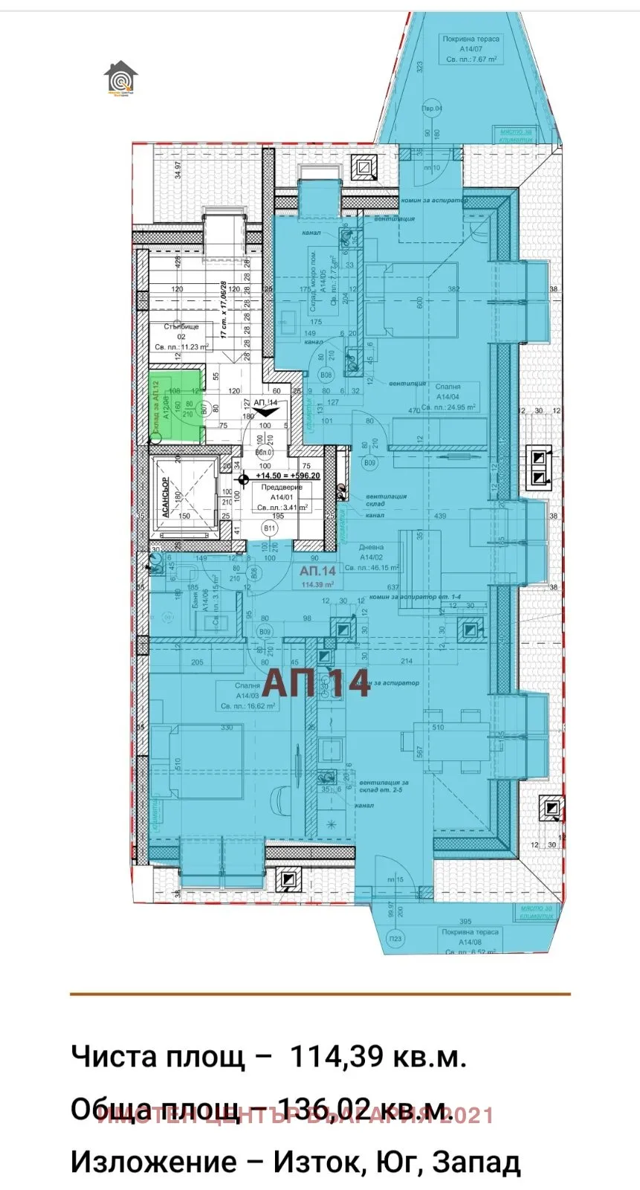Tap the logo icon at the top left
coord(120,77)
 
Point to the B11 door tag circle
coord(270,529)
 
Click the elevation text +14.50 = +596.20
coord(288,476)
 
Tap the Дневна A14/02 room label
coord(370,561)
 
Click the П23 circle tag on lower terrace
coord(395,939)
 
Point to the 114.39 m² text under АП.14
coord(318,584)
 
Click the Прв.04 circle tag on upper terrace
coord(433,108)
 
